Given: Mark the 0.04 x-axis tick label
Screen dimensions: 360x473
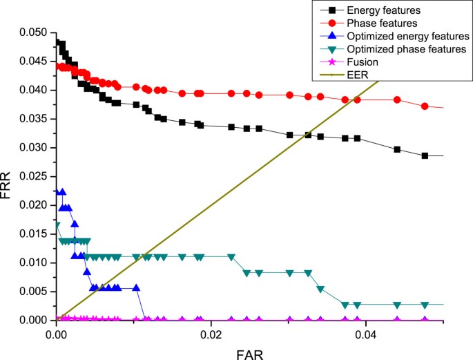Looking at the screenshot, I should point(364,332).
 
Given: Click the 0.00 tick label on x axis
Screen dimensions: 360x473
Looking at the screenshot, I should point(56,332).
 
